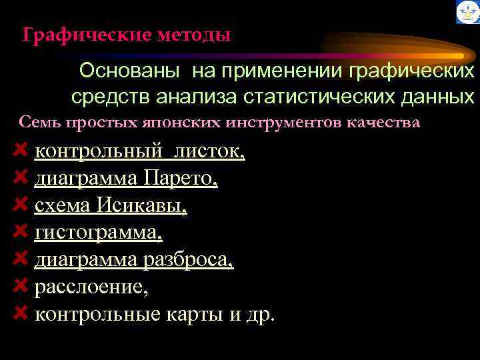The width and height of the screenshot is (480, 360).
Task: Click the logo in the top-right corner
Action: tap(467, 12)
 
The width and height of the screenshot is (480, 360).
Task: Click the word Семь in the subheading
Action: tap(34, 123)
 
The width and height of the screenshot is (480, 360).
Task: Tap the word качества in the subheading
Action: tap(391, 123)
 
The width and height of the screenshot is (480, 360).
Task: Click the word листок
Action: tap(209, 152)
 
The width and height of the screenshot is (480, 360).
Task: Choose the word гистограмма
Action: tap(97, 233)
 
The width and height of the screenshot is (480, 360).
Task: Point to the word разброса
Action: tap(188, 260)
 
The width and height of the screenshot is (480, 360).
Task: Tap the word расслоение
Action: tap(91, 287)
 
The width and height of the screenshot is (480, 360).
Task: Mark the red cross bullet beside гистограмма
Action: tap(20, 232)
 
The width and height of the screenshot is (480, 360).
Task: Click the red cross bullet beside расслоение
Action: tap(20, 286)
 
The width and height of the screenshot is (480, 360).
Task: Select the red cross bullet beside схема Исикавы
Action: tap(20, 205)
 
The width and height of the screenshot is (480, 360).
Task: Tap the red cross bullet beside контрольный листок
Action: tap(20, 151)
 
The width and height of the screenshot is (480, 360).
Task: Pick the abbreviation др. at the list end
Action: tap(260, 314)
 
